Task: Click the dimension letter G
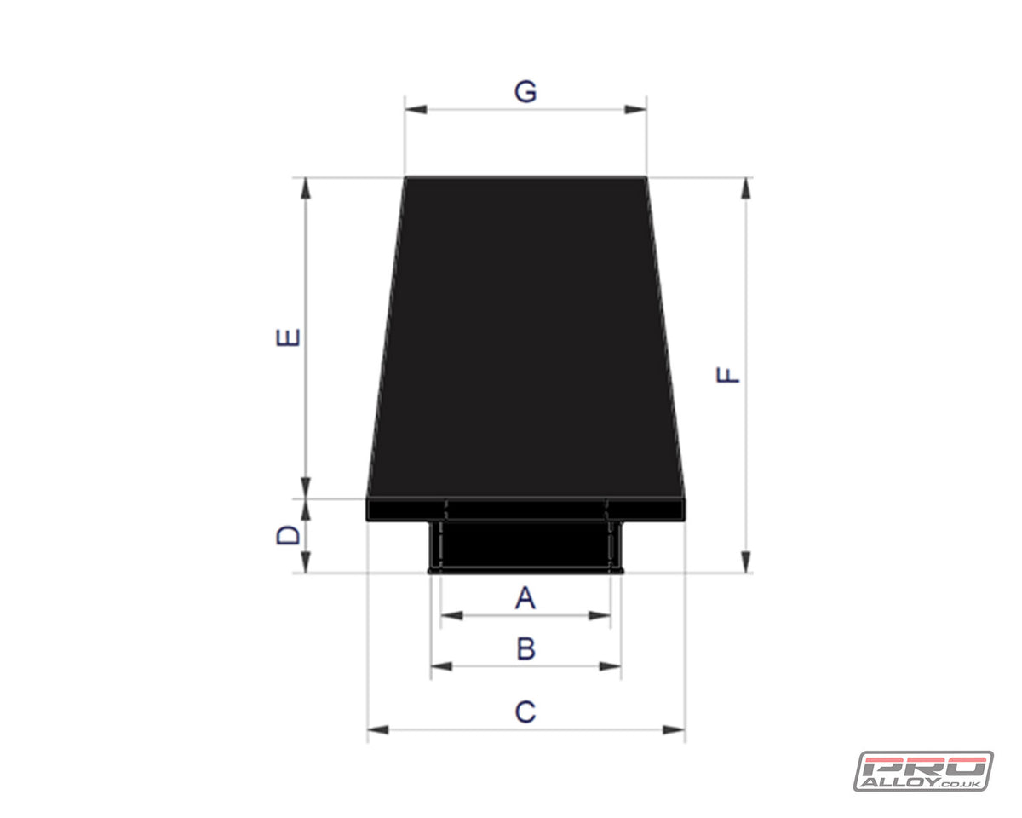click(525, 92)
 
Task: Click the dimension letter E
click(290, 337)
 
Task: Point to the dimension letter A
click(525, 598)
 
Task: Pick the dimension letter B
click(525, 649)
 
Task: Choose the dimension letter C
click(525, 711)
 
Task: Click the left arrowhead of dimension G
click(416, 109)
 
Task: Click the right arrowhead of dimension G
click(635, 109)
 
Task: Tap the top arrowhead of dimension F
click(746, 188)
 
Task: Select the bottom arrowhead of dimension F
click(746, 562)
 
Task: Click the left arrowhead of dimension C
click(378, 729)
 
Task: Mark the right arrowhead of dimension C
click(674, 729)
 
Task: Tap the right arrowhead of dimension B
click(611, 666)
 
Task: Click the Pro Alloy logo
click(923, 770)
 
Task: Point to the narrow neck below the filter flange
click(525, 545)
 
